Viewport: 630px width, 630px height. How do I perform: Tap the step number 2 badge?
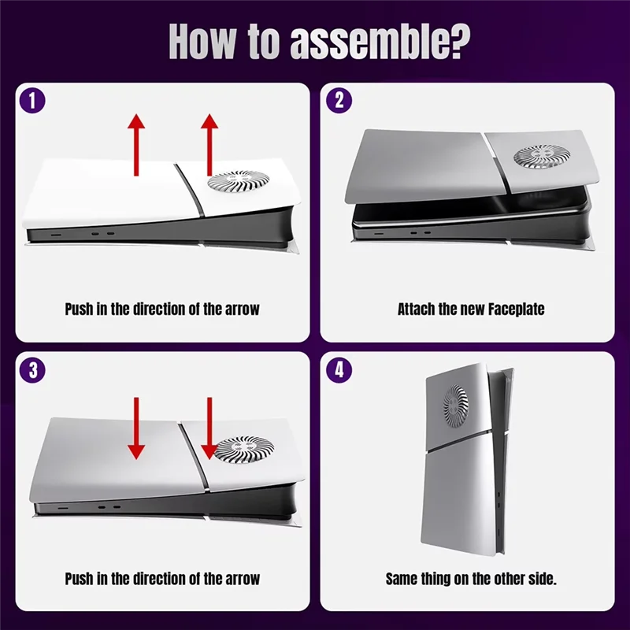[339, 101]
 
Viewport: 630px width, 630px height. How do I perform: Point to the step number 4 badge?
[339, 371]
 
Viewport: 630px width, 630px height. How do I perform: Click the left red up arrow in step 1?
[137, 145]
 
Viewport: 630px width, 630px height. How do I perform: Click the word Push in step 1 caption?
[80, 309]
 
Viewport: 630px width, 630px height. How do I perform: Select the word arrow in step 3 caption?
[239, 579]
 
